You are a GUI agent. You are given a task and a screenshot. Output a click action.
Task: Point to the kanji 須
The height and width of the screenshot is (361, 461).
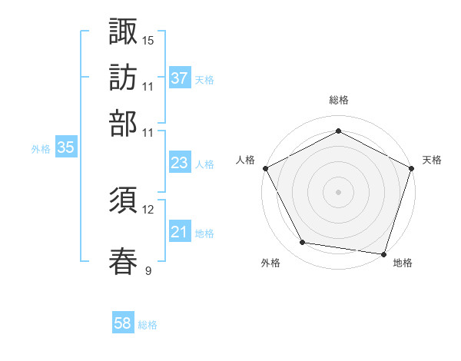pos(123,201)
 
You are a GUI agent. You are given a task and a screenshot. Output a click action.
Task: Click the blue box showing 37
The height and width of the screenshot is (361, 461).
pos(179,78)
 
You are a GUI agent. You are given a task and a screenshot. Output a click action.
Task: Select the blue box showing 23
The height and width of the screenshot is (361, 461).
pos(179,164)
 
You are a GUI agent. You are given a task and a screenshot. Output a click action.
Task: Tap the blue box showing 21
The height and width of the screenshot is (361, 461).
pos(179,233)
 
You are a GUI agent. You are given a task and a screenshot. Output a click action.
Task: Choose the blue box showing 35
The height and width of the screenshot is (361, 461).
pos(65,148)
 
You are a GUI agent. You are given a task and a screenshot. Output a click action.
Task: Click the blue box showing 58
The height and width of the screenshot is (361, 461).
pos(123,323)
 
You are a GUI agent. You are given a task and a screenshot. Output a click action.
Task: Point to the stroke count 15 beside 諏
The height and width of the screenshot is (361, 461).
pos(148,40)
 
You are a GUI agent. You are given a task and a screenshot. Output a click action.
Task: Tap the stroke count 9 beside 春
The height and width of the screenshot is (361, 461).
pos(148,270)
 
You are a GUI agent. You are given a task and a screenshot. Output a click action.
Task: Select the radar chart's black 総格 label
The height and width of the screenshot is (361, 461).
pos(339,100)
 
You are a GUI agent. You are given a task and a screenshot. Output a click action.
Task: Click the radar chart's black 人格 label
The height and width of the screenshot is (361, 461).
pos(246,160)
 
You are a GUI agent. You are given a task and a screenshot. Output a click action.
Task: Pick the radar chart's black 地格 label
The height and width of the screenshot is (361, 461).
pos(403,263)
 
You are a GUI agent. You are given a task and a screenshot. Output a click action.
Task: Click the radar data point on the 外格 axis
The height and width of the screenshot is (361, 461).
pos(303,243)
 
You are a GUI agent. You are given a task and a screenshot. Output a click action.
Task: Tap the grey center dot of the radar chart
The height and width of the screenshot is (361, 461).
pos(339,191)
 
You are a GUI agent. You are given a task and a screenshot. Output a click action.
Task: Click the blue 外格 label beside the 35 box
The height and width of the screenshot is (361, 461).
pos(40,149)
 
